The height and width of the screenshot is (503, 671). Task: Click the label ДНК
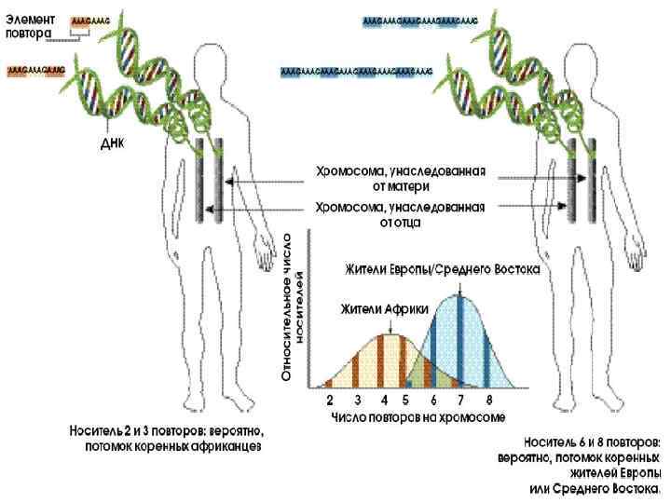112,144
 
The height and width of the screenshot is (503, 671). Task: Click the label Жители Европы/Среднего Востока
442,269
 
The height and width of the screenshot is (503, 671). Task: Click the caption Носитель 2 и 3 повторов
167,439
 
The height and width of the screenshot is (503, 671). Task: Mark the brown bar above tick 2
329,382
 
